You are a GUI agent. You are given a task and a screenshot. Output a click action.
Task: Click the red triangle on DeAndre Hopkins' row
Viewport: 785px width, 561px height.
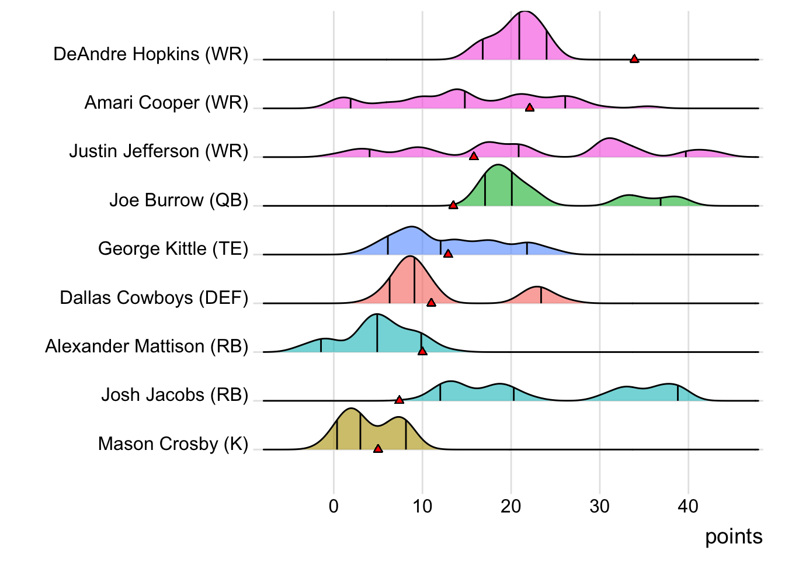(x=634, y=58)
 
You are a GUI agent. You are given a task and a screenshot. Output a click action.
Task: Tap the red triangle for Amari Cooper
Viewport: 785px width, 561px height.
(x=530, y=108)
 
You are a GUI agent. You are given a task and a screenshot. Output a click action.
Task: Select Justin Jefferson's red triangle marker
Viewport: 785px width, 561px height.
(x=474, y=156)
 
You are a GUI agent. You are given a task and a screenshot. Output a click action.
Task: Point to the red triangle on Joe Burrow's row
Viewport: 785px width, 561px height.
(x=453, y=205)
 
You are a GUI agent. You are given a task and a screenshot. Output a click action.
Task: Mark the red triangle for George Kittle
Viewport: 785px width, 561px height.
(x=448, y=254)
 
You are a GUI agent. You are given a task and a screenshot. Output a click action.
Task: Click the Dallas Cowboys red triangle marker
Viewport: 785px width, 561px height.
(x=431, y=302)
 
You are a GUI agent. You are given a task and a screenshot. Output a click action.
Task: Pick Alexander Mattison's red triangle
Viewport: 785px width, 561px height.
(x=422, y=351)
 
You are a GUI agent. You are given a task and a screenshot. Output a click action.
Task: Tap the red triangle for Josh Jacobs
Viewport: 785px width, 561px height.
(x=400, y=400)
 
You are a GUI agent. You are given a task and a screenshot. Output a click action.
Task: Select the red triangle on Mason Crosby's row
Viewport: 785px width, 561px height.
(x=378, y=448)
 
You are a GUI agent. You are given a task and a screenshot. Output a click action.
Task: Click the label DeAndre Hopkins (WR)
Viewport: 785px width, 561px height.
(x=151, y=54)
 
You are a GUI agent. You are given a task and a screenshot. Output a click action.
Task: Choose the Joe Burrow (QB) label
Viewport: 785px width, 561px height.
(x=179, y=200)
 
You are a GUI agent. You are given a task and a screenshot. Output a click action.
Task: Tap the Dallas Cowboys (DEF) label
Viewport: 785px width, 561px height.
(x=154, y=297)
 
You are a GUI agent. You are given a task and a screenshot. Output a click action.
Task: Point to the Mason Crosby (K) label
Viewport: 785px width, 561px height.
(x=173, y=444)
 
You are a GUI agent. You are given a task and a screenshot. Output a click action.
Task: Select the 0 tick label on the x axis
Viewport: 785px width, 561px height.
(x=334, y=506)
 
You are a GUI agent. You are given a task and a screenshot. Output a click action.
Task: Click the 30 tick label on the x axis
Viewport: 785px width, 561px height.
(x=599, y=506)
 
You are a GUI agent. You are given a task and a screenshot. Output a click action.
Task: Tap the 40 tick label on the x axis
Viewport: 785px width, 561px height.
(x=688, y=506)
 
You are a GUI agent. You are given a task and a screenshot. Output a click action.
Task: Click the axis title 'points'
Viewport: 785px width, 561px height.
(x=734, y=536)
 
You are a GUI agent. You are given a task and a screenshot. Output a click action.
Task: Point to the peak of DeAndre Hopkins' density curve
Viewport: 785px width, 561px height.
(x=525, y=12)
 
